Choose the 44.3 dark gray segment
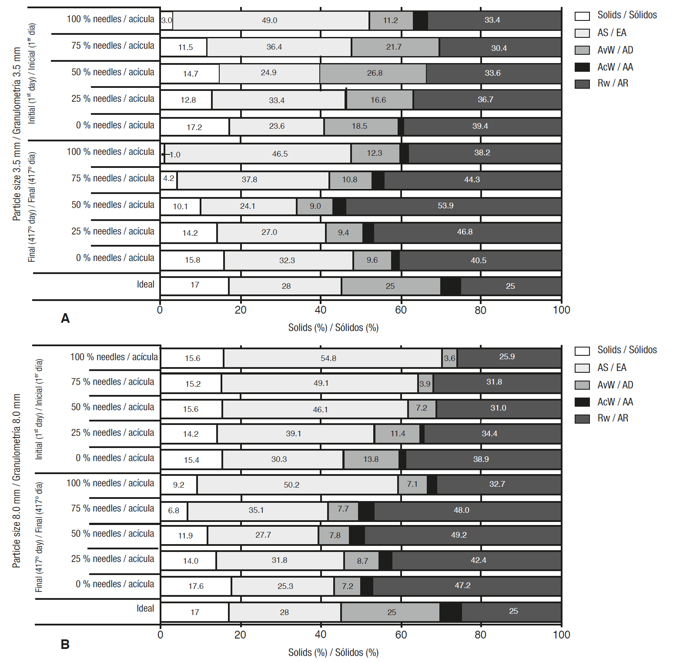point(472,180)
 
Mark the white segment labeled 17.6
point(196,586)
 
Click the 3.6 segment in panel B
point(449,358)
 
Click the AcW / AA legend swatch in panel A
point(582,67)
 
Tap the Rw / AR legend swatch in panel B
point(582,418)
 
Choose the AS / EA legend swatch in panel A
point(582,33)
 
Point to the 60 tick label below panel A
point(401,310)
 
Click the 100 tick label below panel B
point(561,635)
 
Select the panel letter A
point(65,318)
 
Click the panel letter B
point(65,644)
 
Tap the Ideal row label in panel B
point(145,609)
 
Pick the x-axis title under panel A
point(333,328)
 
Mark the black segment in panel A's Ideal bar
point(450,286)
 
